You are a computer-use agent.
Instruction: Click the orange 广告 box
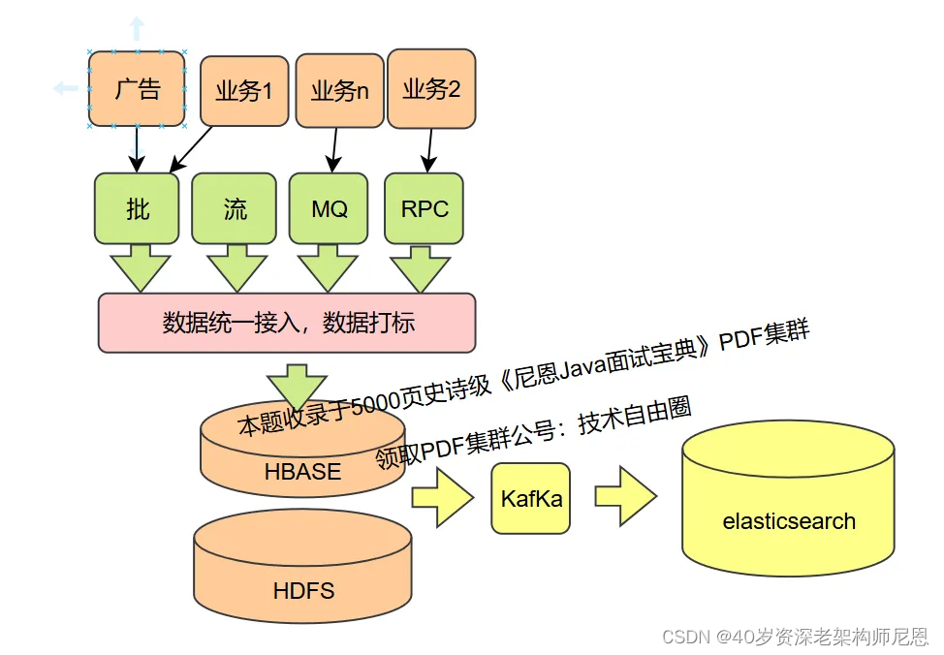[137, 89]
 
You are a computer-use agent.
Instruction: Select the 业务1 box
[243, 91]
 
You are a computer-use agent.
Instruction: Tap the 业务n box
[339, 91]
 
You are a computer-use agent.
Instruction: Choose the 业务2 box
[431, 90]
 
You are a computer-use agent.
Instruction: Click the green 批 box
[137, 208]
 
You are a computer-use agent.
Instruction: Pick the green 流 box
[234, 208]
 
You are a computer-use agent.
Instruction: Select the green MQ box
[329, 208]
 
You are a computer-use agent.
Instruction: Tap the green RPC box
[424, 208]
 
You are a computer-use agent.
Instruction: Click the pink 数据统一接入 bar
[287, 323]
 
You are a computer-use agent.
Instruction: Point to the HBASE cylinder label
[301, 472]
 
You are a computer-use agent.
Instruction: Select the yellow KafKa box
[530, 498]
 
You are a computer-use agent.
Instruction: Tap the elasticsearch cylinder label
[788, 520]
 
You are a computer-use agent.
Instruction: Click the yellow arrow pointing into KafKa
[442, 497]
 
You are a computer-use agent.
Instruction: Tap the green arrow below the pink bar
[298, 387]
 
